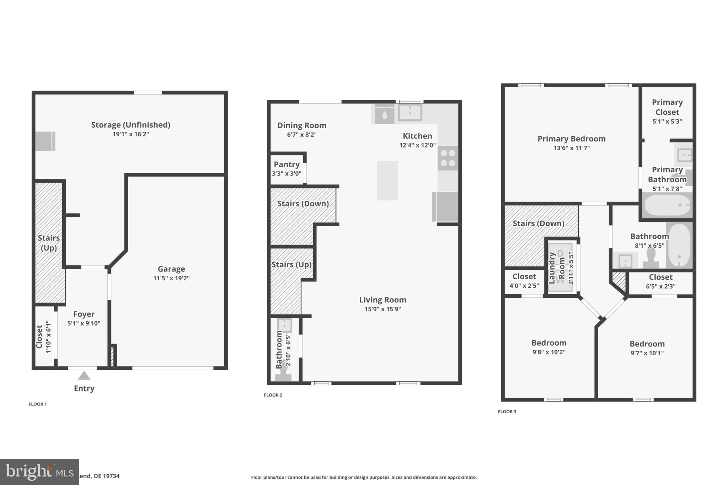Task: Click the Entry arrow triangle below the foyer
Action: pyautogui.click(x=84, y=376)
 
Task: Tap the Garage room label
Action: pyautogui.click(x=171, y=269)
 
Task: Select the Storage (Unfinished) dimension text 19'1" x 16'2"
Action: pyautogui.click(x=130, y=134)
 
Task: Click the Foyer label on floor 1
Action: pyautogui.click(x=84, y=314)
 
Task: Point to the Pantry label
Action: pyautogui.click(x=287, y=165)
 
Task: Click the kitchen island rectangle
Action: pyautogui.click(x=387, y=180)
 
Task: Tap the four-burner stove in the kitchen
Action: pyautogui.click(x=448, y=158)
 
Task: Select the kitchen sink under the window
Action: pyautogui.click(x=409, y=113)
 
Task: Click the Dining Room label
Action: pyautogui.click(x=302, y=125)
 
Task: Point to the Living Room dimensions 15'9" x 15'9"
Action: pyautogui.click(x=382, y=309)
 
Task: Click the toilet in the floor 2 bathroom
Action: pyautogui.click(x=283, y=375)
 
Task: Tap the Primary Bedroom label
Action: pyautogui.click(x=571, y=139)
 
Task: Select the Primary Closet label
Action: pyautogui.click(x=667, y=107)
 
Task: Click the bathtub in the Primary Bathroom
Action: pyautogui.click(x=667, y=205)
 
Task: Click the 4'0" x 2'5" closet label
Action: pyautogui.click(x=524, y=285)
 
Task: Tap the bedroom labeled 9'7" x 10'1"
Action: pyautogui.click(x=647, y=348)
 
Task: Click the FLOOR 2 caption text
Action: pyautogui.click(x=273, y=395)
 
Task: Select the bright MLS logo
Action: pyautogui.click(x=39, y=472)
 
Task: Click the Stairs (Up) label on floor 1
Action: pyautogui.click(x=49, y=243)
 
